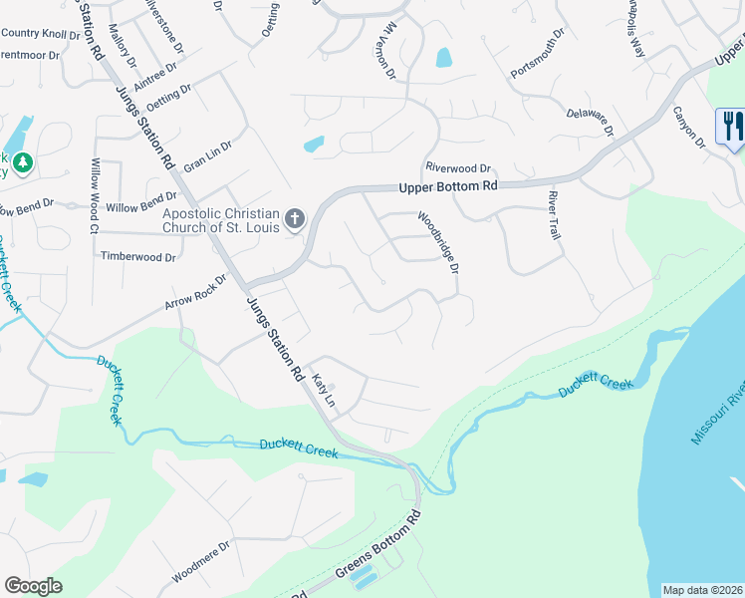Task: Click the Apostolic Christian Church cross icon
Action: pyautogui.click(x=294, y=217)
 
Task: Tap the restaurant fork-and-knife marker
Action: pyautogui.click(x=730, y=127)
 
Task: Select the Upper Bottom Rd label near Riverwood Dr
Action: pyautogui.click(x=447, y=186)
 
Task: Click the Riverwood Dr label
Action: pyautogui.click(x=458, y=168)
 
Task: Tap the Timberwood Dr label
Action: pyautogui.click(x=138, y=256)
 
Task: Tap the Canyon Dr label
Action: pyautogui.click(x=688, y=129)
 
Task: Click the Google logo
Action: pyautogui.click(x=33, y=586)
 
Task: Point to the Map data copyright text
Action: pyautogui.click(x=703, y=590)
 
